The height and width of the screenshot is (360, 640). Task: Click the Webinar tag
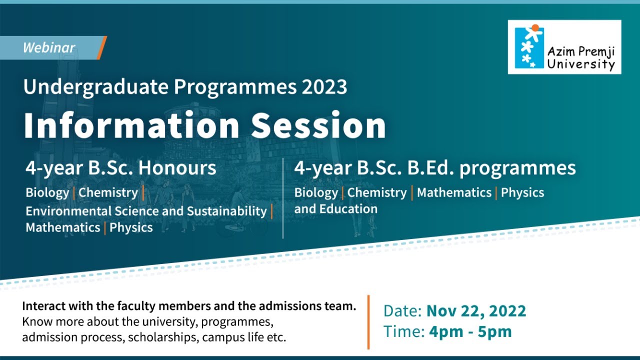coord(49,48)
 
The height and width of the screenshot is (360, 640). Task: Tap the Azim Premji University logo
coord(564,47)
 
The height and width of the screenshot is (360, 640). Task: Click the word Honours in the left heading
coord(177,168)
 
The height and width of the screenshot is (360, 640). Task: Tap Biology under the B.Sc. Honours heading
coord(47,192)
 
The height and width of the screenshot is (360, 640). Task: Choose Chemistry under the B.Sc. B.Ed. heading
coord(376,192)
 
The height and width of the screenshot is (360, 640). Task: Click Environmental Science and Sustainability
coord(146,211)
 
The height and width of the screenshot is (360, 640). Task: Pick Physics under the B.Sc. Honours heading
coord(131,228)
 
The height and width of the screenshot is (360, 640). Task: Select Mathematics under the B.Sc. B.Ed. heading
coord(454,192)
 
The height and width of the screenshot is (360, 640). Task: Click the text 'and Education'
coord(335,209)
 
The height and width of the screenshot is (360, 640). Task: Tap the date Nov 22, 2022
coord(476,311)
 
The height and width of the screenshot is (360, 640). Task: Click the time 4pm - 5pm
coord(470,331)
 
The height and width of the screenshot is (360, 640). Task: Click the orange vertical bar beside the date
coord(368,321)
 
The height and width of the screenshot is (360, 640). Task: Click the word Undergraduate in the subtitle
coord(96,87)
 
